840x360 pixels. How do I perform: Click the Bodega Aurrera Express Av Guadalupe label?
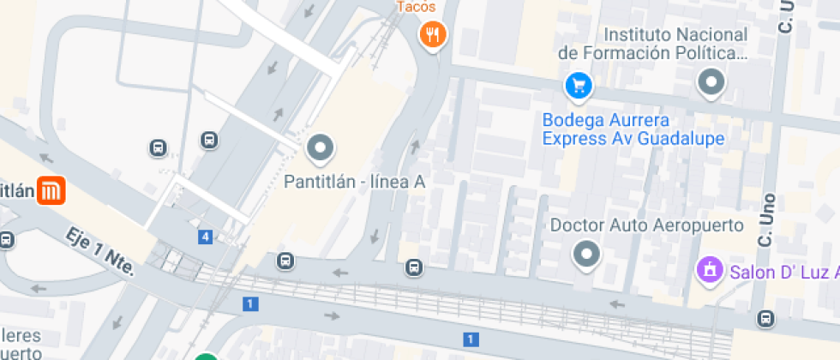(633, 129)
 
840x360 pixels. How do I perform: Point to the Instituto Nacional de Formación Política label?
(651, 44)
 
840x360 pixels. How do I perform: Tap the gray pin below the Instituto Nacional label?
(711, 83)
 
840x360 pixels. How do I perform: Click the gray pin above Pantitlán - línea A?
(321, 148)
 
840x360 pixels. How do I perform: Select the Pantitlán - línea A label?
(354, 182)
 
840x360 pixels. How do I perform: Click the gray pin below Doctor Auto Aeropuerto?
(586, 254)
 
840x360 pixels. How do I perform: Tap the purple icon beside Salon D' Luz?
(710, 272)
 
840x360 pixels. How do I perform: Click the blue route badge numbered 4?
(206, 237)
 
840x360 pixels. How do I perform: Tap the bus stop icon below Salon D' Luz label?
(765, 319)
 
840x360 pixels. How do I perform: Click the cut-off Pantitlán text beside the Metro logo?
(16, 190)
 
